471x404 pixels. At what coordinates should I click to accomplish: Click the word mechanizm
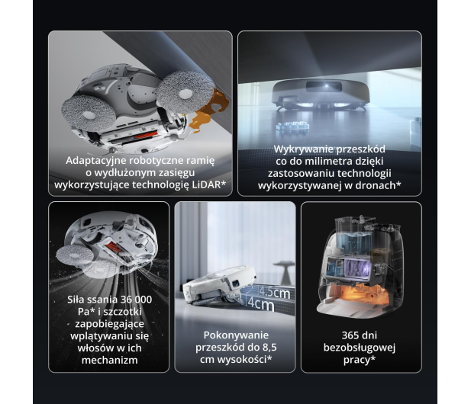point(110,360)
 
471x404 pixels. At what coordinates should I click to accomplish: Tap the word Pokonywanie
point(236,335)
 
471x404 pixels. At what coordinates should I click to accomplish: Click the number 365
point(351,335)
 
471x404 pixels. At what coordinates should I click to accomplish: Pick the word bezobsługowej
point(360,348)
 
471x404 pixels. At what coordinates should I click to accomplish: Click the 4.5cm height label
point(275,293)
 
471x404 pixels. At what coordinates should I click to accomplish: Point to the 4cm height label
point(261,305)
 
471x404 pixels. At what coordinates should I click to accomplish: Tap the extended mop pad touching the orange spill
point(185,93)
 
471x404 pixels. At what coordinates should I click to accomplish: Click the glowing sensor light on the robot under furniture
point(326,86)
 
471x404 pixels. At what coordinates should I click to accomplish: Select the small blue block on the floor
point(292,126)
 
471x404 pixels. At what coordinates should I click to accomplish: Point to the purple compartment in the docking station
point(357,268)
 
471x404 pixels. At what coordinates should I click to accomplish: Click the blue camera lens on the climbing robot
point(234,283)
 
